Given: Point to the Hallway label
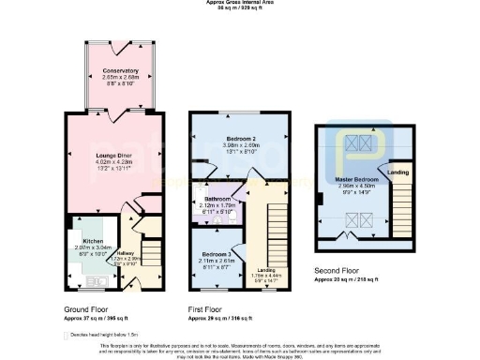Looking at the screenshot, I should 125,252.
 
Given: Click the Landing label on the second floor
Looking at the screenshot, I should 397,172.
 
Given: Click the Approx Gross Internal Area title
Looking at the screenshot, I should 240,3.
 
